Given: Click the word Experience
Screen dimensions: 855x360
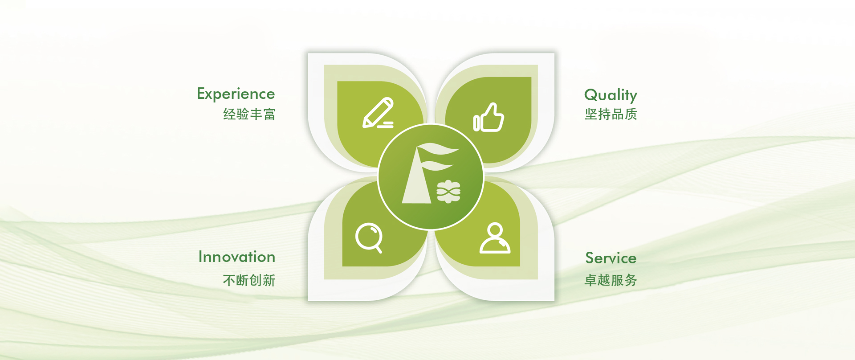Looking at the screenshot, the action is (x=236, y=94).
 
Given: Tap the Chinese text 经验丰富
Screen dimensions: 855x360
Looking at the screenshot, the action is (x=249, y=114).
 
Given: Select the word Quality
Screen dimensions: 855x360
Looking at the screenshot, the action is (x=611, y=95).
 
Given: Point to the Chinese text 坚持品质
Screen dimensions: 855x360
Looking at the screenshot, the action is (x=611, y=114).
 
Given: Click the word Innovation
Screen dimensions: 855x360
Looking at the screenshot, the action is (x=237, y=257).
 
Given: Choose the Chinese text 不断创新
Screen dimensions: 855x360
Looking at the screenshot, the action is (x=249, y=280).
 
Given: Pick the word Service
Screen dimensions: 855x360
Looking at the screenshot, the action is (x=611, y=258).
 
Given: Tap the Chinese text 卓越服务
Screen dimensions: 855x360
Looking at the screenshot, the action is (x=611, y=280).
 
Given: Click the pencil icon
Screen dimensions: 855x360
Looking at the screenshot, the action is (x=378, y=113).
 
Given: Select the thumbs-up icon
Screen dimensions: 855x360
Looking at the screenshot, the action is (x=489, y=117).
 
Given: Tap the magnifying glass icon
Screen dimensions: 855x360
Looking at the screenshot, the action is (x=369, y=238).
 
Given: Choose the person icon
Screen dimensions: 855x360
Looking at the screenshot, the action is (x=495, y=238).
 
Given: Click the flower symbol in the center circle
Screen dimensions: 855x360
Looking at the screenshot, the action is (x=448, y=192).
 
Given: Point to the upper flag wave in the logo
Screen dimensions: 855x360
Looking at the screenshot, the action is (x=438, y=149).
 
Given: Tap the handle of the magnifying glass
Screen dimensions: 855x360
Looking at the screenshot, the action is (x=378, y=249).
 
